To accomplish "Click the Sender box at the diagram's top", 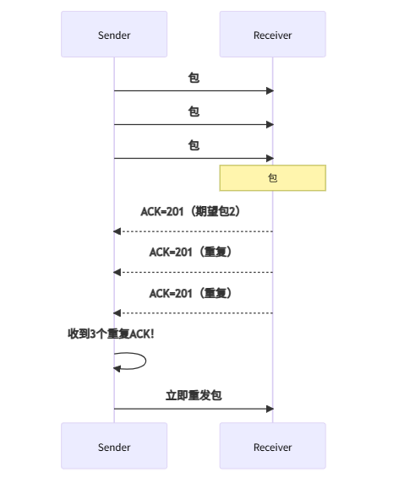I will (114, 35).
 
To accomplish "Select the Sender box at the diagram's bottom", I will (114, 447).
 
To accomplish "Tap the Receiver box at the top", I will (272, 35).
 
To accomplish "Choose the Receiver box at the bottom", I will (272, 447).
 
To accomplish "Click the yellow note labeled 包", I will (272, 178).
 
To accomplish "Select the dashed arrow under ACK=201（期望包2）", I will (194, 231).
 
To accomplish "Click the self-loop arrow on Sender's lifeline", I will (135, 361).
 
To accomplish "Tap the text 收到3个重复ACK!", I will (112, 334).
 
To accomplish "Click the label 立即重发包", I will (194, 395).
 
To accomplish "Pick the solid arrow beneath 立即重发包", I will (194, 409).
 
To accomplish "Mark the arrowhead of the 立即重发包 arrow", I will (270, 409).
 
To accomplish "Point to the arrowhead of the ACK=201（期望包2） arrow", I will (117, 231).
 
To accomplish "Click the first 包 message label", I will (194, 78).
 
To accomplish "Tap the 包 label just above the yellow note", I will (194, 145).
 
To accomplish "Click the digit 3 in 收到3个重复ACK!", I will (92, 334).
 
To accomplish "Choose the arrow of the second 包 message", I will (194, 124).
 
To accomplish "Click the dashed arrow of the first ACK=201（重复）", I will (194, 272).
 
